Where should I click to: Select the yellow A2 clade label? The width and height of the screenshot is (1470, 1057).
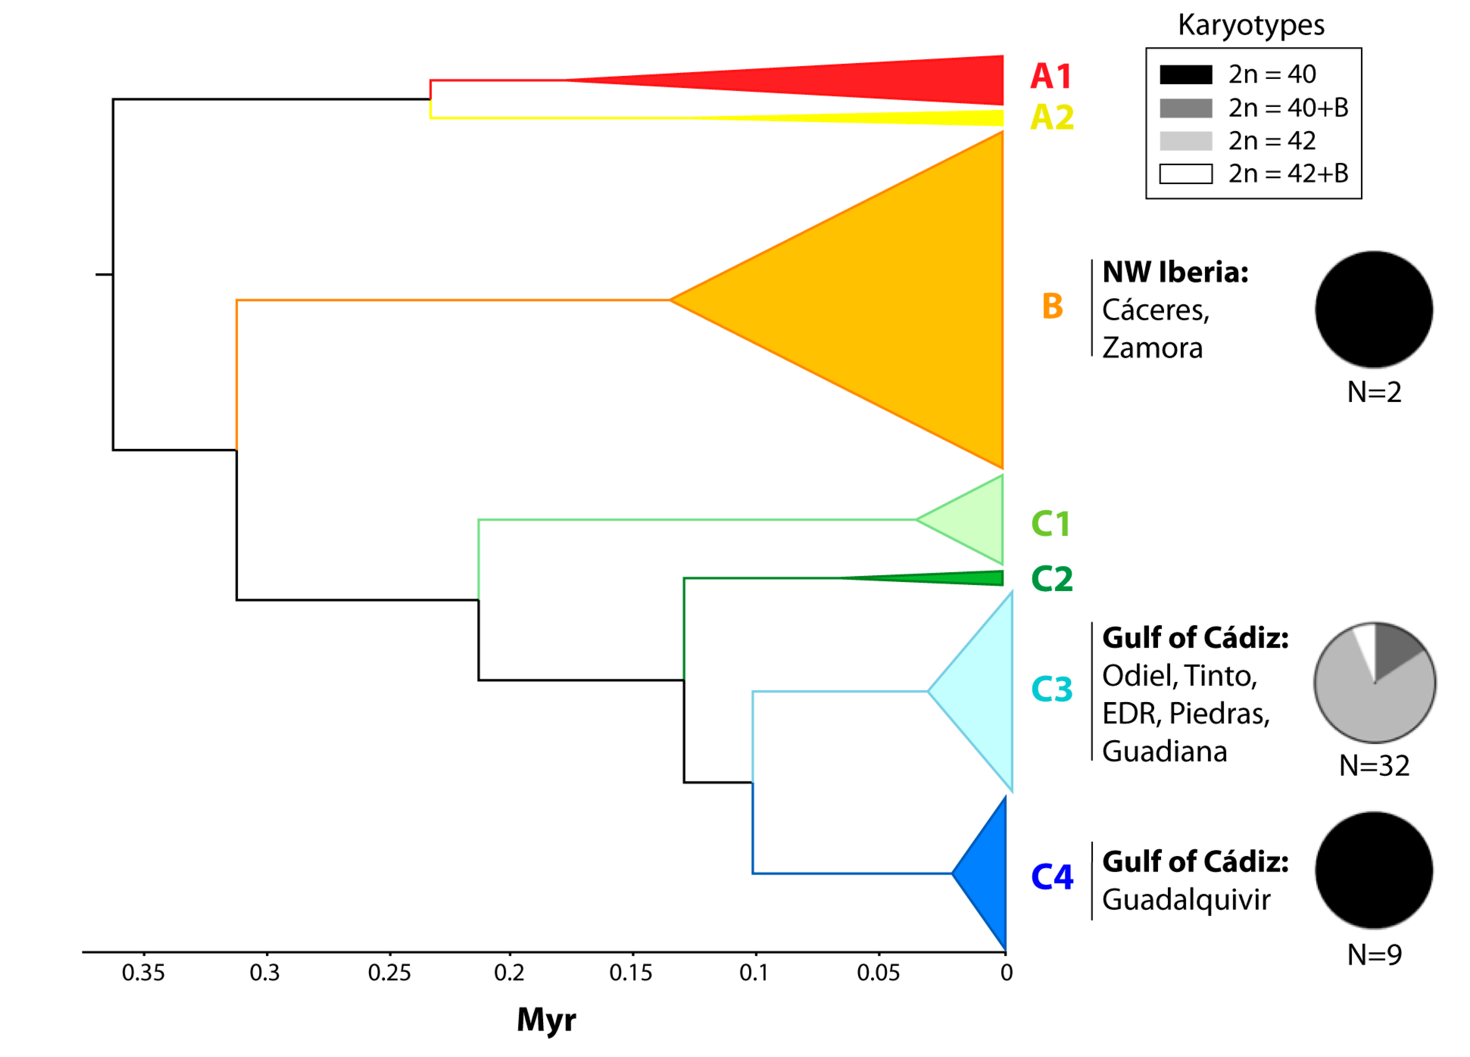pos(1051,117)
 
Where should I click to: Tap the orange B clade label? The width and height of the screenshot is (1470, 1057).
pos(1052,306)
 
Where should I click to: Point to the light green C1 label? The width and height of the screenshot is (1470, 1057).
pos(1050,524)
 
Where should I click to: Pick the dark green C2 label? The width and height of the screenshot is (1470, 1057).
pos(1051,579)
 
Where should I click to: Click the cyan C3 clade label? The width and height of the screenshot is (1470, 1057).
pos(1051,689)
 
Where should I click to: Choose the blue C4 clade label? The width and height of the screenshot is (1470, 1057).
pos(1051,877)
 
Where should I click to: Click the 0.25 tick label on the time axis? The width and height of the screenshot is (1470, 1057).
pos(389,973)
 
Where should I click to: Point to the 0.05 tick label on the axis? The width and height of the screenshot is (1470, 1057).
pos(878,973)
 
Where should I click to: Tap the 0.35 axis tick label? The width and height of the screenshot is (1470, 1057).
pos(143,973)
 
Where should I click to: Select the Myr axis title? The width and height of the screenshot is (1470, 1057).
pos(546,1021)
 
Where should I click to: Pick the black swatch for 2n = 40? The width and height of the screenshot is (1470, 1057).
pos(1186,75)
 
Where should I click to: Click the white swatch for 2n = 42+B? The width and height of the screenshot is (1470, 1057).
pos(1186,174)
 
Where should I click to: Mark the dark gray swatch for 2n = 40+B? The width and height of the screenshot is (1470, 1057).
pos(1186,108)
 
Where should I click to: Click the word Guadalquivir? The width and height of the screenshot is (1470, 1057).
pos(1186,900)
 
